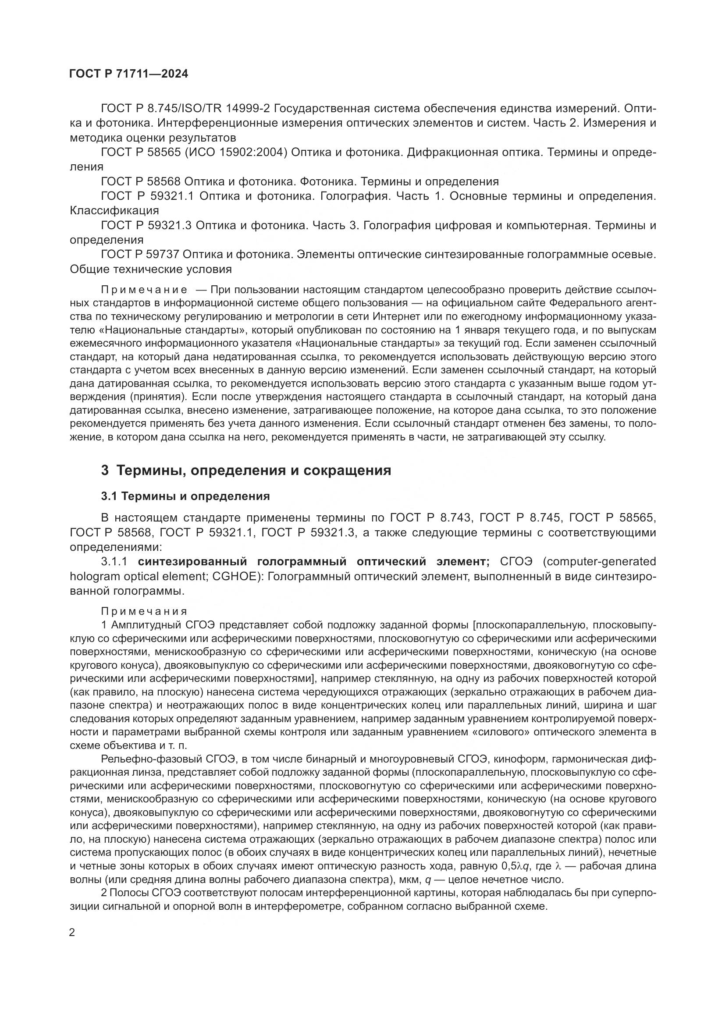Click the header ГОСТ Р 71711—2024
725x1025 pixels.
pyautogui.click(x=128, y=74)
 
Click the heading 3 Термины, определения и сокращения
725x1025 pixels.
pyautogui.click(x=246, y=470)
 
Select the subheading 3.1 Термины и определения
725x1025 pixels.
pyautogui.click(x=185, y=496)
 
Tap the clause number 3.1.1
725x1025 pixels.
pyautogui.click(x=115, y=561)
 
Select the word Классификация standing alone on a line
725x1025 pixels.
pyautogui.click(x=114, y=210)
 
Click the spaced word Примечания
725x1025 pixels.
pyautogui.click(x=145, y=611)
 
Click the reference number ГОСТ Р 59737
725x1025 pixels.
pyautogui.click(x=140, y=254)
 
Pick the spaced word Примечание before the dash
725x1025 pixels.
pyautogui.click(x=145, y=290)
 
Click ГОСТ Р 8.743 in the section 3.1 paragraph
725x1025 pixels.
pyautogui.click(x=431, y=518)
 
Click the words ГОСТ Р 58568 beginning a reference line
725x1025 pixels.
pyautogui.click(x=141, y=181)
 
